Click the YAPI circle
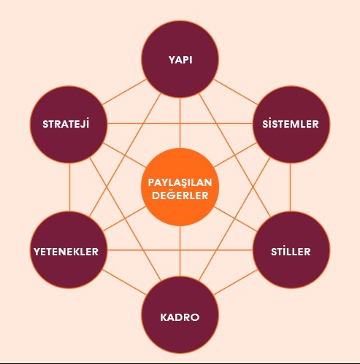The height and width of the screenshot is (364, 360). coord(180,59)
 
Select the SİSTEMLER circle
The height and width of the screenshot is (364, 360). coord(291,124)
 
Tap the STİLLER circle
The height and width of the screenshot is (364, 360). coord(291,250)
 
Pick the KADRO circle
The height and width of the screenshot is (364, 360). coord(180,315)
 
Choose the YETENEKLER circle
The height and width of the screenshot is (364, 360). coord(69,250)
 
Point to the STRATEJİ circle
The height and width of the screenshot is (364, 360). coord(69,124)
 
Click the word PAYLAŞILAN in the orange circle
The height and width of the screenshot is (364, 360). coord(180,182)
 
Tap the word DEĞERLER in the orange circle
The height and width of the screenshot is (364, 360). coord(180,195)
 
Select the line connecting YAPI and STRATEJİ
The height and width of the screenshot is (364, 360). coord(124,92)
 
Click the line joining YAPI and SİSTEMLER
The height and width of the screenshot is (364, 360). coord(236,92)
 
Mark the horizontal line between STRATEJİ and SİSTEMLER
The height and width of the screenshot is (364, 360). coord(180,124)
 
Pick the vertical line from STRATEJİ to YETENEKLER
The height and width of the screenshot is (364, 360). coord(69,187)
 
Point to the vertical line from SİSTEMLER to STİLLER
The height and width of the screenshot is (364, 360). coord(290,187)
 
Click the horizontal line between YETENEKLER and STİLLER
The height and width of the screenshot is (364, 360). coord(180,250)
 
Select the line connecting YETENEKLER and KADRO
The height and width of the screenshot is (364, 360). coord(124,282)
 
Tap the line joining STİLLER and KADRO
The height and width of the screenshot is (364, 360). coord(236,282)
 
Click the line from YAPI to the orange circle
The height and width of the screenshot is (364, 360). coord(180,123)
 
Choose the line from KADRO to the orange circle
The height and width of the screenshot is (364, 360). coord(180,251)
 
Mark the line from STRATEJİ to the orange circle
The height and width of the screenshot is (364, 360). coord(124,155)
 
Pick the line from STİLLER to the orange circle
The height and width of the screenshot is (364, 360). coord(235,219)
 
